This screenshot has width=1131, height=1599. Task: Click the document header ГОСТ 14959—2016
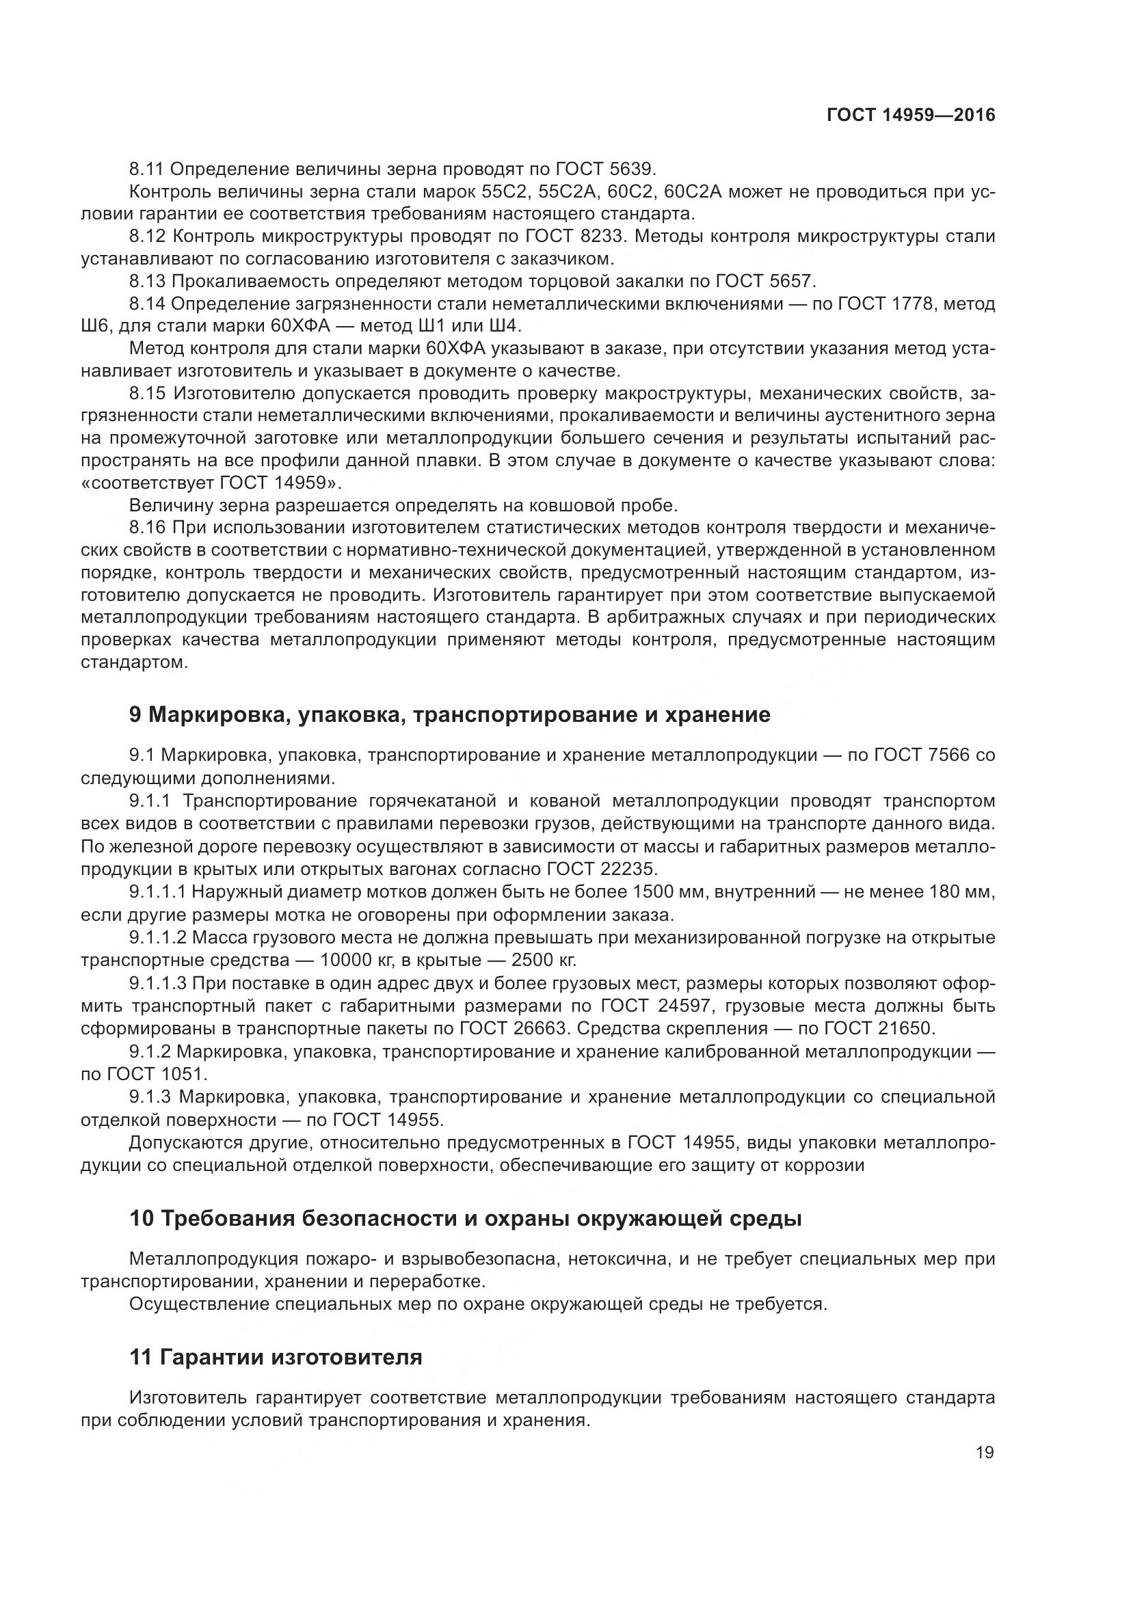point(911,115)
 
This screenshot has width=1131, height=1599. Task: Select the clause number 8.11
point(146,170)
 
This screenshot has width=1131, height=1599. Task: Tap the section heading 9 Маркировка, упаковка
point(450,715)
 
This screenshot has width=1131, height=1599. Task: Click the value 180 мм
point(959,892)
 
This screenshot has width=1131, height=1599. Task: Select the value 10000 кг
point(356,960)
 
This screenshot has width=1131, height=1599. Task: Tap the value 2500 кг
point(544,960)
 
